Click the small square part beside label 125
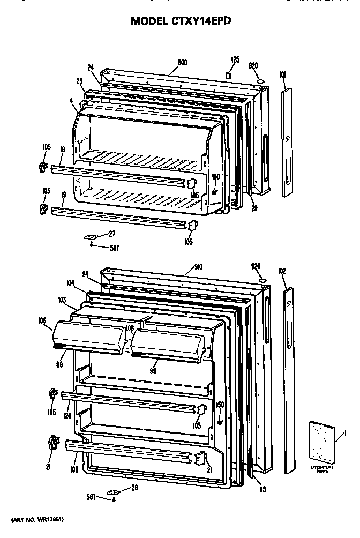(229, 74)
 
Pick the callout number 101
(282, 78)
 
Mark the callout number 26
(134, 487)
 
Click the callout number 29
(254, 208)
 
